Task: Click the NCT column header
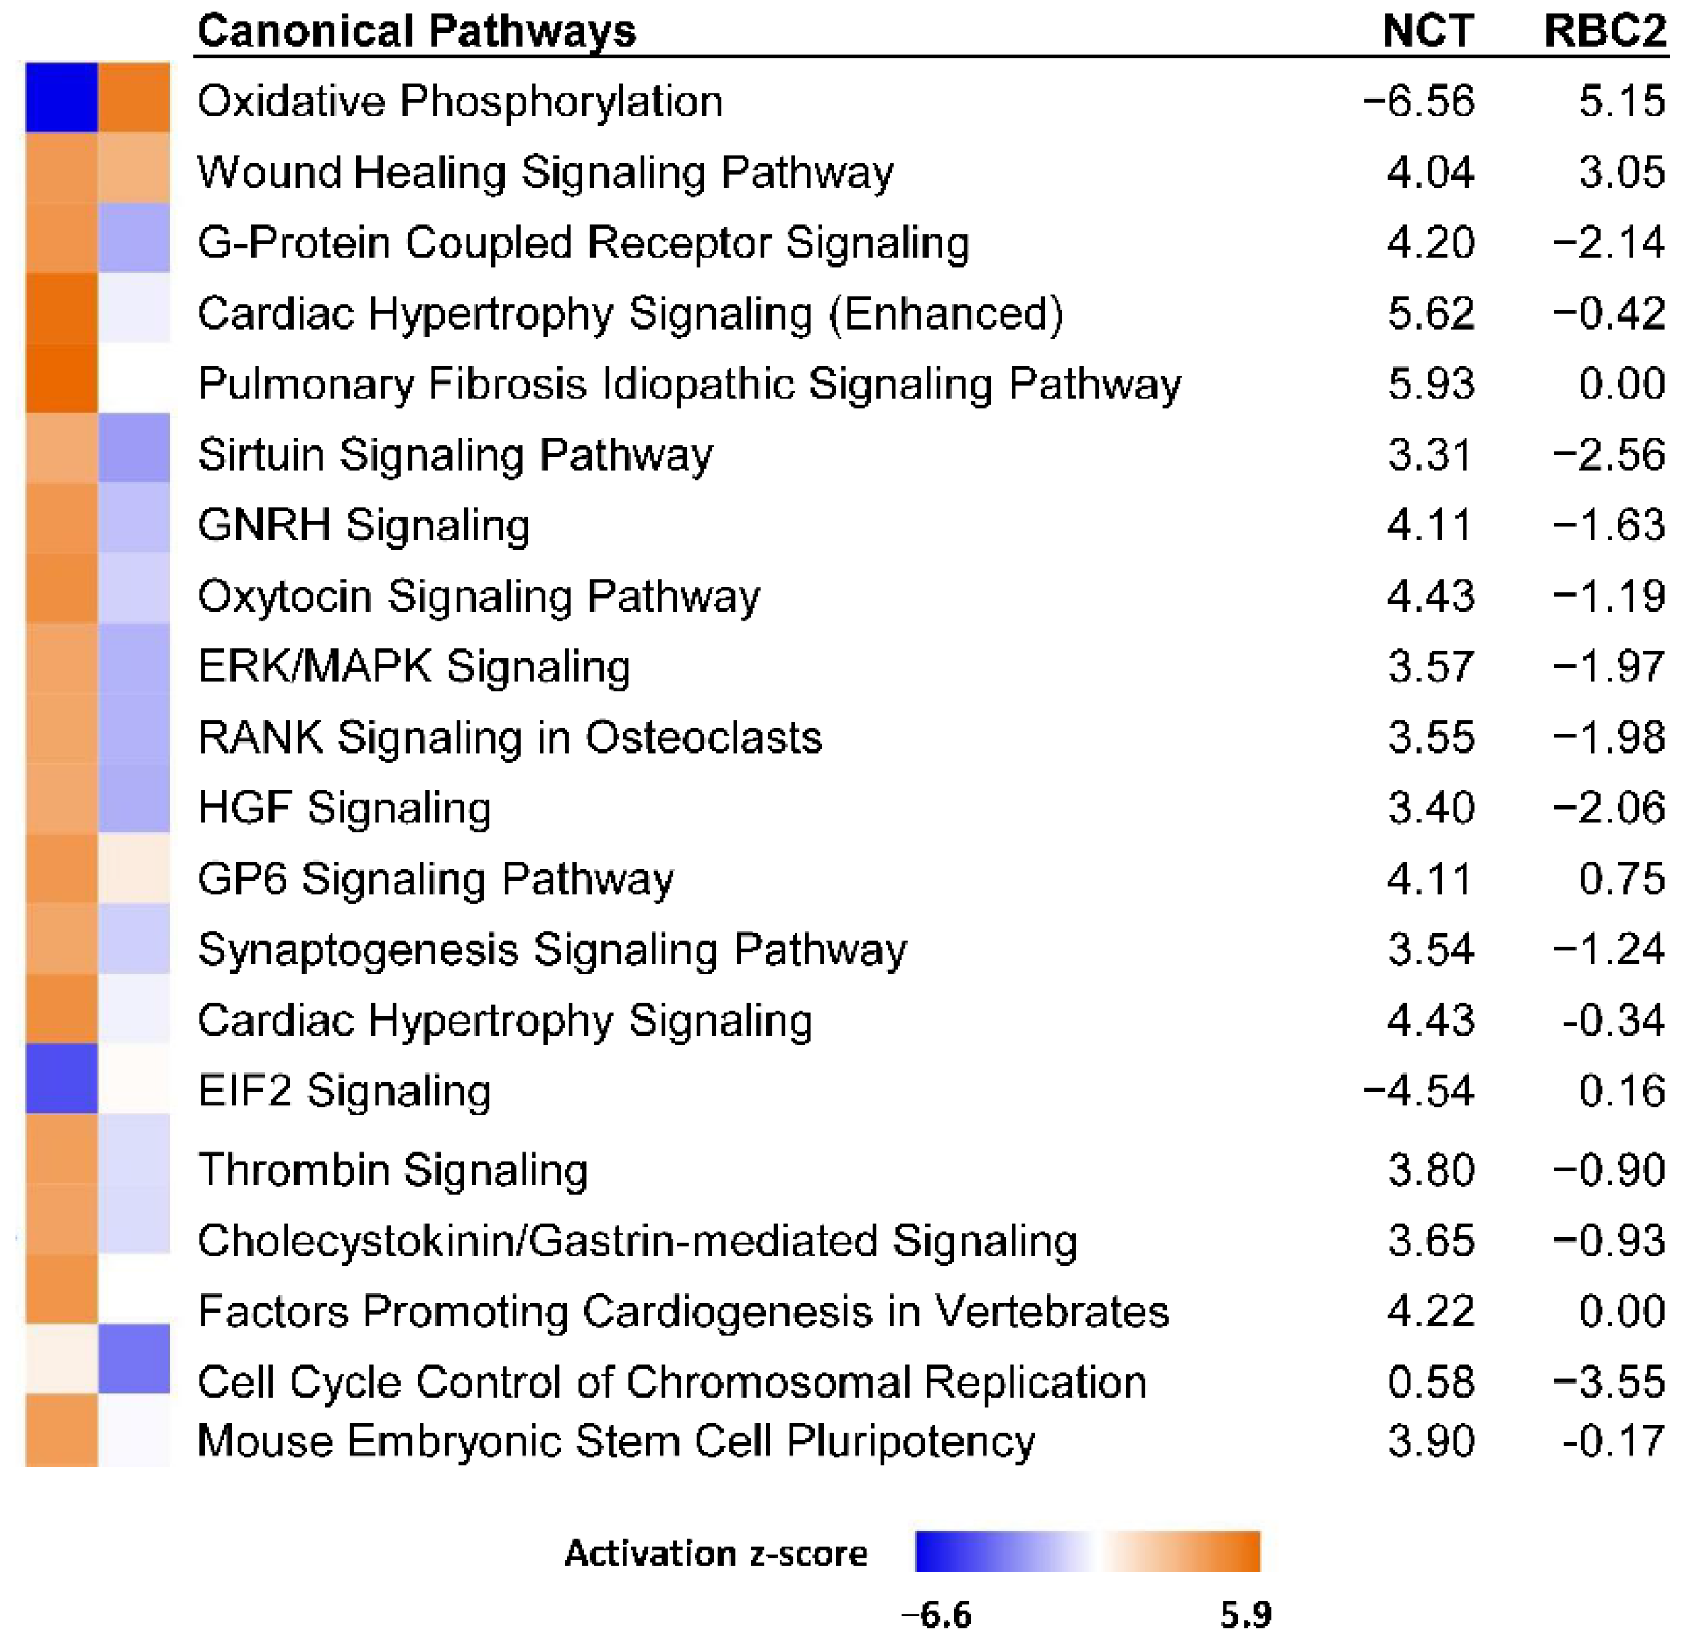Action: click(x=1427, y=31)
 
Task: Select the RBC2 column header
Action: click(x=1604, y=31)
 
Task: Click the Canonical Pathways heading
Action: click(x=416, y=31)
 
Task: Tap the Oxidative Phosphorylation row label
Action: click(x=459, y=102)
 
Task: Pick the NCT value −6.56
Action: click(x=1417, y=102)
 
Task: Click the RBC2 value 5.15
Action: click(x=1621, y=102)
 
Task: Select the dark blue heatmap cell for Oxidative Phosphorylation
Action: click(x=61, y=97)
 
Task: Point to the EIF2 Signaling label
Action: click(x=344, y=1091)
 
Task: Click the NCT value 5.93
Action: click(x=1429, y=384)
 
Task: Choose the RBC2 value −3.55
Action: click(x=1608, y=1381)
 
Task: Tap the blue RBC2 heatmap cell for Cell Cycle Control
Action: click(x=134, y=1359)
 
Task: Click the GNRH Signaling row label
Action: click(x=363, y=526)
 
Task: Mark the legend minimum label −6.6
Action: click(x=936, y=1614)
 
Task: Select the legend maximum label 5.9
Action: click(x=1245, y=1614)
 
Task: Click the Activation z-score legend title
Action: click(x=715, y=1553)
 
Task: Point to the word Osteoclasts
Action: click(x=703, y=737)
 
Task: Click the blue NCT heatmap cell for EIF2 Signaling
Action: click(x=61, y=1078)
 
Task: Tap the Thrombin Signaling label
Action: click(x=392, y=1170)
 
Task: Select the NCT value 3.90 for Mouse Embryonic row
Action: click(x=1429, y=1441)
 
